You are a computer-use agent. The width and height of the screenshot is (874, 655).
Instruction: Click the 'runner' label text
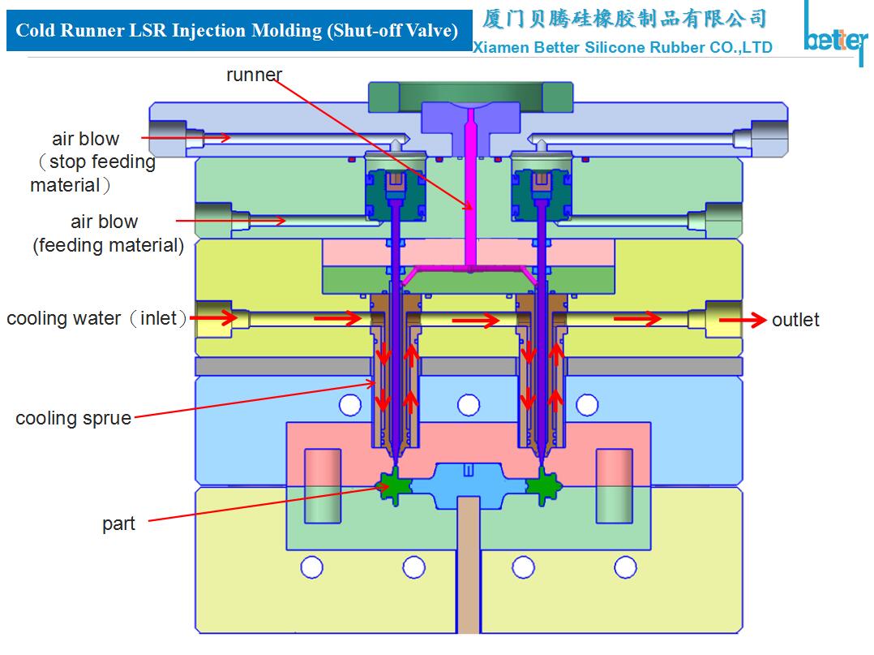tap(254, 75)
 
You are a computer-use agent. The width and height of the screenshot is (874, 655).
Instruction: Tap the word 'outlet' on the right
tap(795, 320)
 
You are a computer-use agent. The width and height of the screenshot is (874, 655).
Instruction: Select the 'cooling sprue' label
tap(73, 419)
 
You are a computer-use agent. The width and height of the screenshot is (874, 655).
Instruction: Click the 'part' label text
tap(118, 524)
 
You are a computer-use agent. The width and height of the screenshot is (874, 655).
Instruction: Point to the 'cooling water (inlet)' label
tap(96, 318)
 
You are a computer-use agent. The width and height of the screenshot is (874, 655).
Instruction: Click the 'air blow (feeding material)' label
tap(107, 233)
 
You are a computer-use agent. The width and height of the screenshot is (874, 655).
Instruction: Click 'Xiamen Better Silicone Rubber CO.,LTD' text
tap(622, 48)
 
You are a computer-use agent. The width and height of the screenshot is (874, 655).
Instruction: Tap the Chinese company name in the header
tap(623, 18)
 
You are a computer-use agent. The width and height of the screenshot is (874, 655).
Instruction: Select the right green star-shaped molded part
tap(542, 486)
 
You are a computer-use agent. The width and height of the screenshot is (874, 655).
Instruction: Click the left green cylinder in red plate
tap(323, 485)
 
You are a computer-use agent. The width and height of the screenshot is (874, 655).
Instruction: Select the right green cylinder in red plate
tap(614, 485)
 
